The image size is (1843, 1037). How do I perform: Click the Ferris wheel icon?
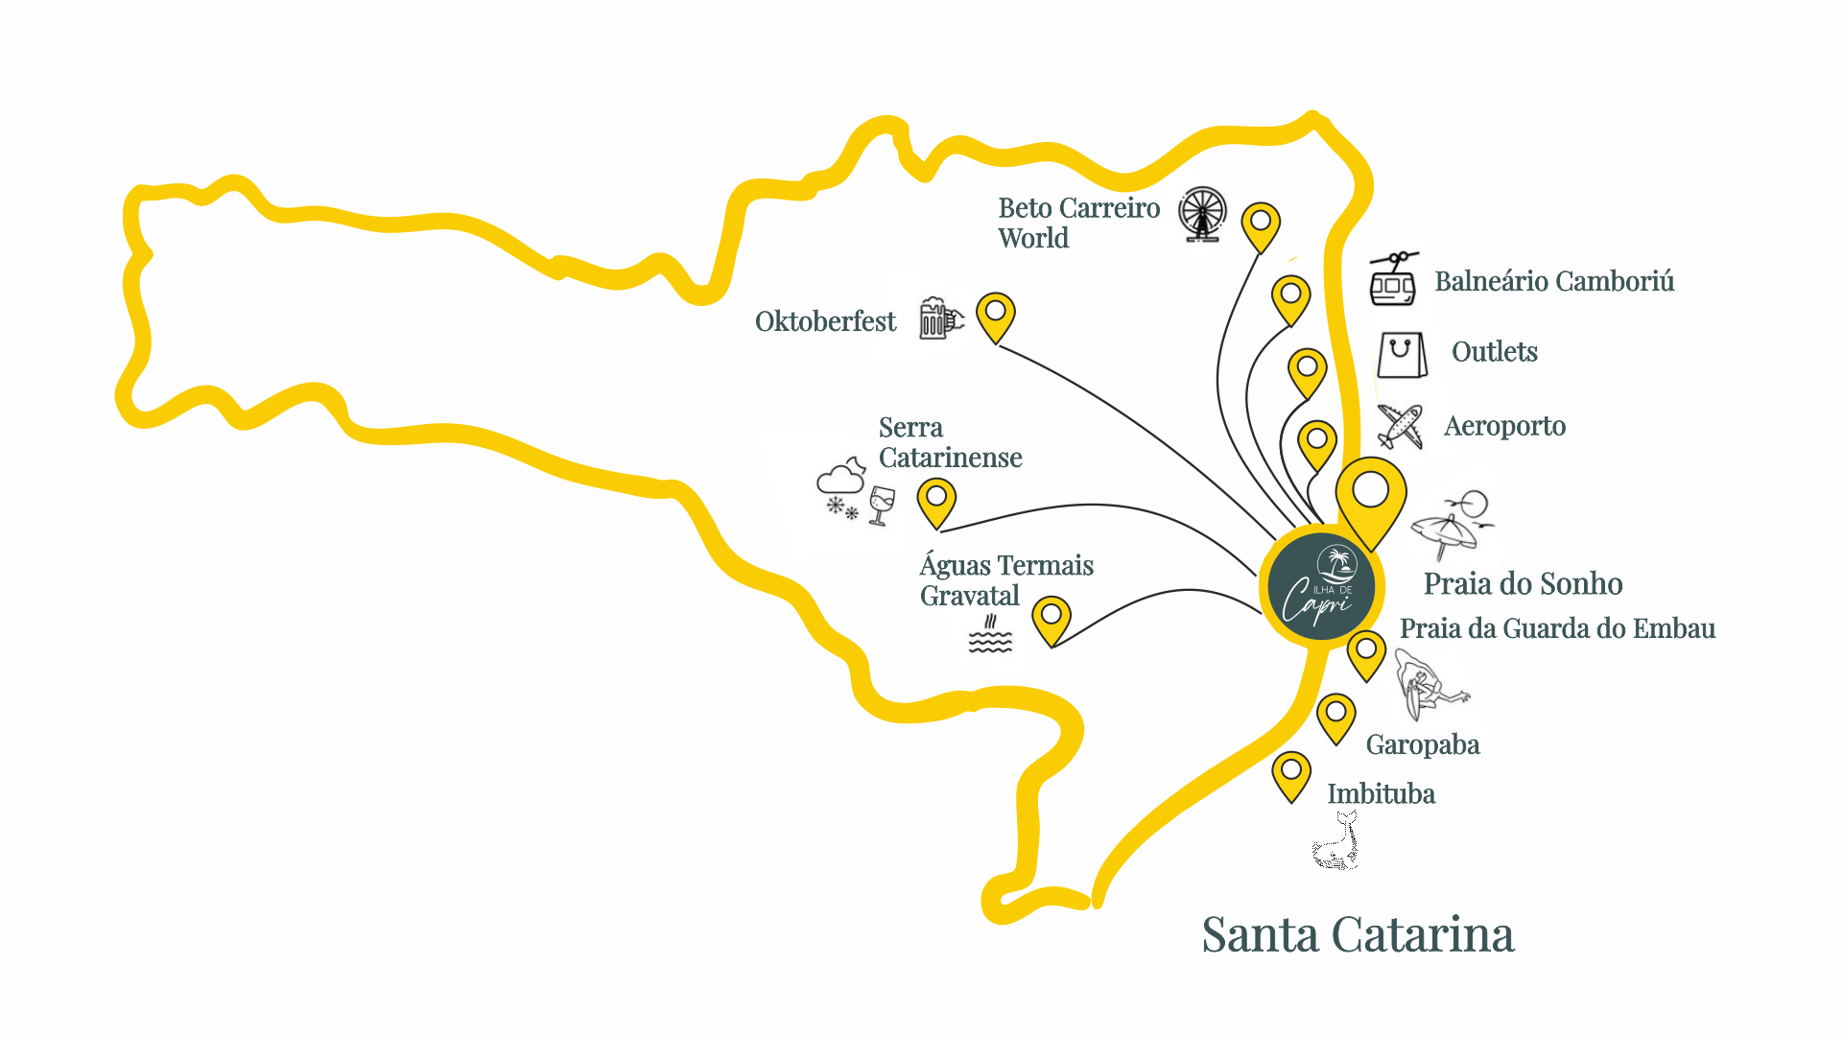(1202, 214)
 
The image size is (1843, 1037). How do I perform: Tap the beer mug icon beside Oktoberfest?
(939, 318)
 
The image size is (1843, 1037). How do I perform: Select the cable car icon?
(1393, 279)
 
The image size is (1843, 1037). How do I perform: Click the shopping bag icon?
(1401, 355)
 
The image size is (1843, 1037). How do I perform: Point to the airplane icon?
(1400, 426)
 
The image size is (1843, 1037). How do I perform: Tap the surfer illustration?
(1427, 685)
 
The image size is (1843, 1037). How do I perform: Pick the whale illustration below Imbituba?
(1336, 841)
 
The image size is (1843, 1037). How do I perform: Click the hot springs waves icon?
(990, 635)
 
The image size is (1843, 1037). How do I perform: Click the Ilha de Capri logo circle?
(1321, 586)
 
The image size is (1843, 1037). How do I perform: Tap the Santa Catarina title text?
(1358, 934)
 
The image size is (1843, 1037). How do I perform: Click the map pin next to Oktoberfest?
(996, 316)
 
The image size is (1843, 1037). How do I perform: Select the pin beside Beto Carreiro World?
(1261, 225)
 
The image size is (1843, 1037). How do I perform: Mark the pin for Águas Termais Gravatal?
(1051, 619)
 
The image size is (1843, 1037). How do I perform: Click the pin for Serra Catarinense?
(936, 502)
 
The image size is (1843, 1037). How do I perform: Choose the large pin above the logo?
(1371, 499)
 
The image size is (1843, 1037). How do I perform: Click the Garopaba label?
(1422, 744)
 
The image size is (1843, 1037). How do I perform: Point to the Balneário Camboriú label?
(1554, 281)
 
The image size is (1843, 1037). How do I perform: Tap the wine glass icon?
(882, 505)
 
